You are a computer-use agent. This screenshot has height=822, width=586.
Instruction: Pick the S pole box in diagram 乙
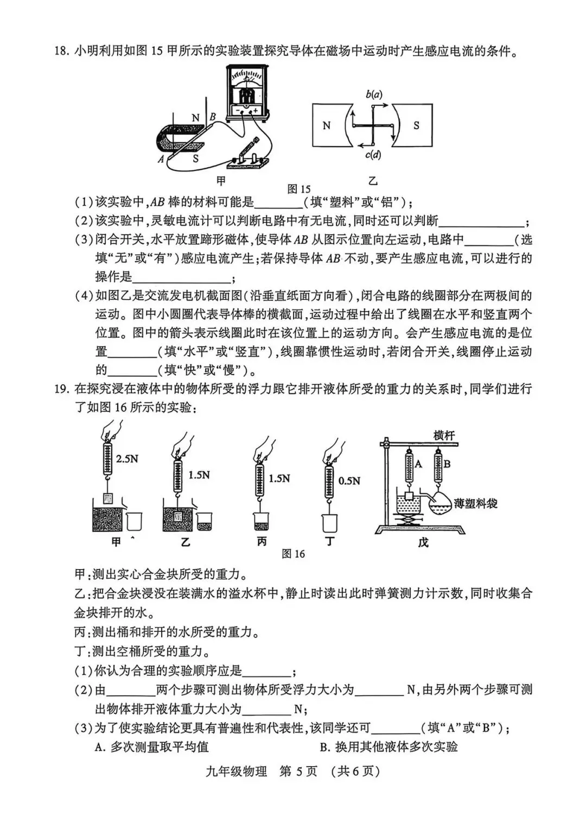point(416,125)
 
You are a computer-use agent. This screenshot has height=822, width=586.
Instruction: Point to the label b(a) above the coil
point(373,94)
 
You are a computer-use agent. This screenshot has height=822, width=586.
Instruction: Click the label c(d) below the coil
point(373,155)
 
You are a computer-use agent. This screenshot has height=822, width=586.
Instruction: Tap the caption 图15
point(299,189)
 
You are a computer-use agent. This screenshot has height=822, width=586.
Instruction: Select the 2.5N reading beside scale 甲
point(127,459)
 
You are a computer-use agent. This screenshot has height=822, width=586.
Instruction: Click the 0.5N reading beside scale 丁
point(349,480)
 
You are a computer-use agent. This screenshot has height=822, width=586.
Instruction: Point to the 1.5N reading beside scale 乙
point(199,475)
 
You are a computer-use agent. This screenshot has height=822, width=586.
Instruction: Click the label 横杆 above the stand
point(444,435)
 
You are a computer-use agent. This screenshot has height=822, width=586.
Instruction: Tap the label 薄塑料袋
point(476,503)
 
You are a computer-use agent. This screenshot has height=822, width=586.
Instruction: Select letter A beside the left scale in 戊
point(418,464)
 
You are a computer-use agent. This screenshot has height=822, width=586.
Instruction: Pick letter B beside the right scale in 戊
point(447,464)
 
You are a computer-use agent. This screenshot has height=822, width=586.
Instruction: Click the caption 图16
point(294,554)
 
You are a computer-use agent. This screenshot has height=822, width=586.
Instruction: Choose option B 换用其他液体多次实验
point(388,747)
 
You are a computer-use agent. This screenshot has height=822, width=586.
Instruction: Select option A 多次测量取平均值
point(151,747)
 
